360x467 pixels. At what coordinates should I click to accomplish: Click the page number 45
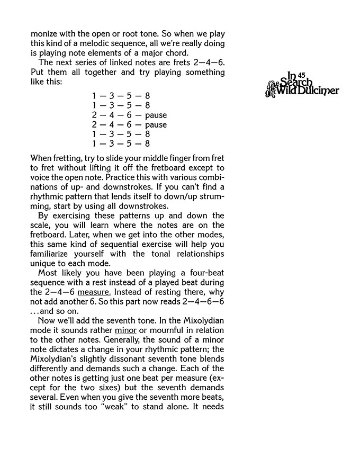point(303,74)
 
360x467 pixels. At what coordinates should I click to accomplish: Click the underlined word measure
point(92,292)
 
